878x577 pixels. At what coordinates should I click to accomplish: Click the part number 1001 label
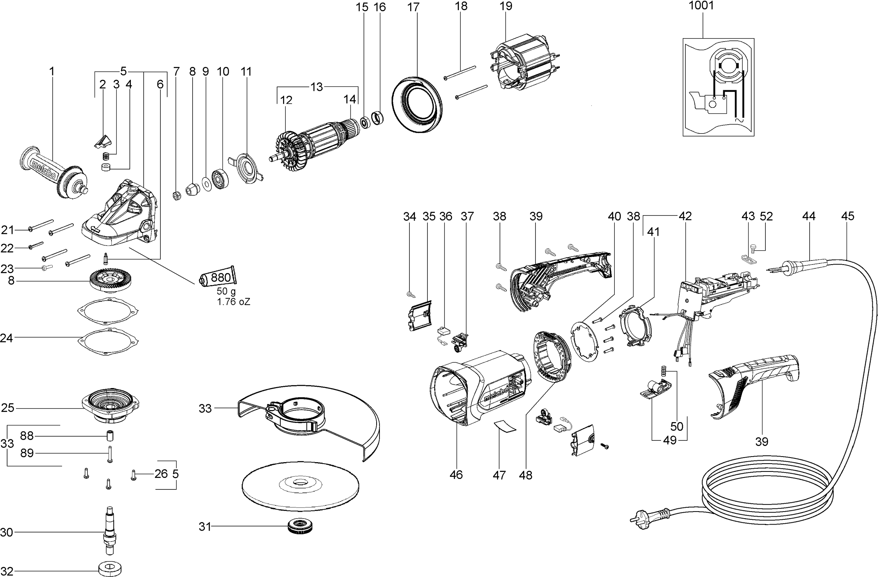[701, 6]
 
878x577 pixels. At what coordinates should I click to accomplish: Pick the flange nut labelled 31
[300, 526]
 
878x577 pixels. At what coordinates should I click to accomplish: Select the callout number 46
[456, 475]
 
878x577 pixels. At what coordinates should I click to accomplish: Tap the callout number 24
[6, 338]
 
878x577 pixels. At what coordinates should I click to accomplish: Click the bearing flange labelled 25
[111, 406]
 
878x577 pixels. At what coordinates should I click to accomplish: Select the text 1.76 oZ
[234, 302]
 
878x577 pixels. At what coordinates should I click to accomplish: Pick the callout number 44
[808, 216]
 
